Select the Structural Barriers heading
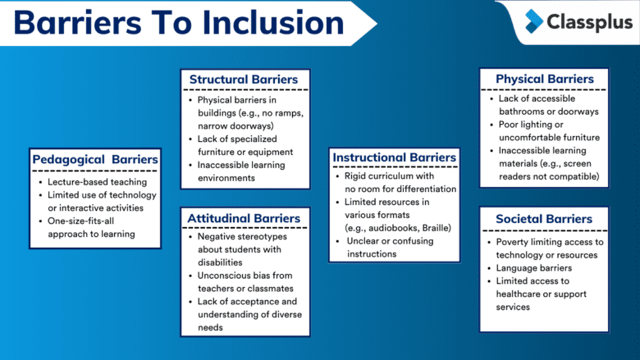(x=245, y=80)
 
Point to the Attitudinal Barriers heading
(x=245, y=218)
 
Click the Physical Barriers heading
(x=545, y=80)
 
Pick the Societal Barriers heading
(x=545, y=219)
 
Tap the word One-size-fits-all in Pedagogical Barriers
(x=85, y=221)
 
